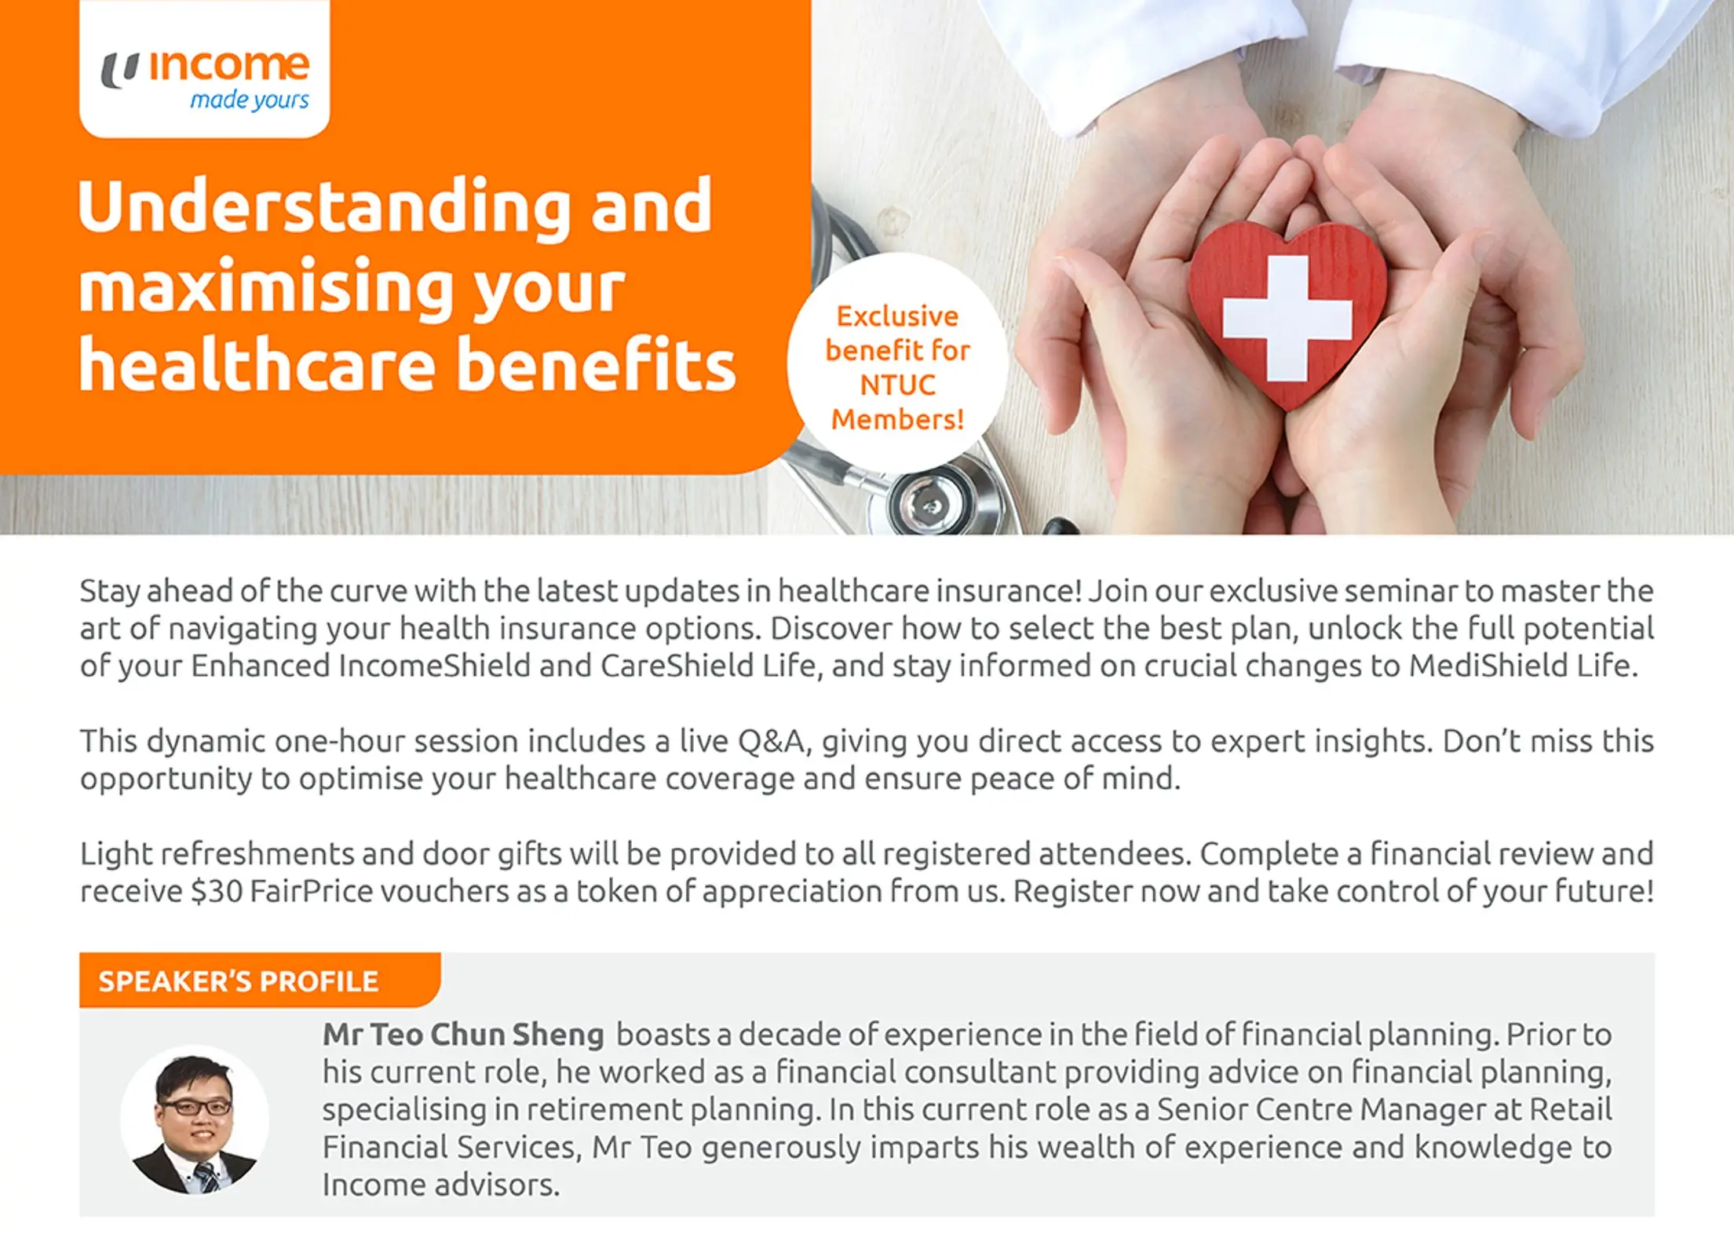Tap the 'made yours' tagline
(250, 100)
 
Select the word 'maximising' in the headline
(265, 287)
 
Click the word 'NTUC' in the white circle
(897, 385)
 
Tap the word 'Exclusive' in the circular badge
(897, 316)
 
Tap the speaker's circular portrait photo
(195, 1119)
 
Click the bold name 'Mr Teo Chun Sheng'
(463, 1035)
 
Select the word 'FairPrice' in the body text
(311, 892)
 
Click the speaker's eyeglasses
(195, 1108)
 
